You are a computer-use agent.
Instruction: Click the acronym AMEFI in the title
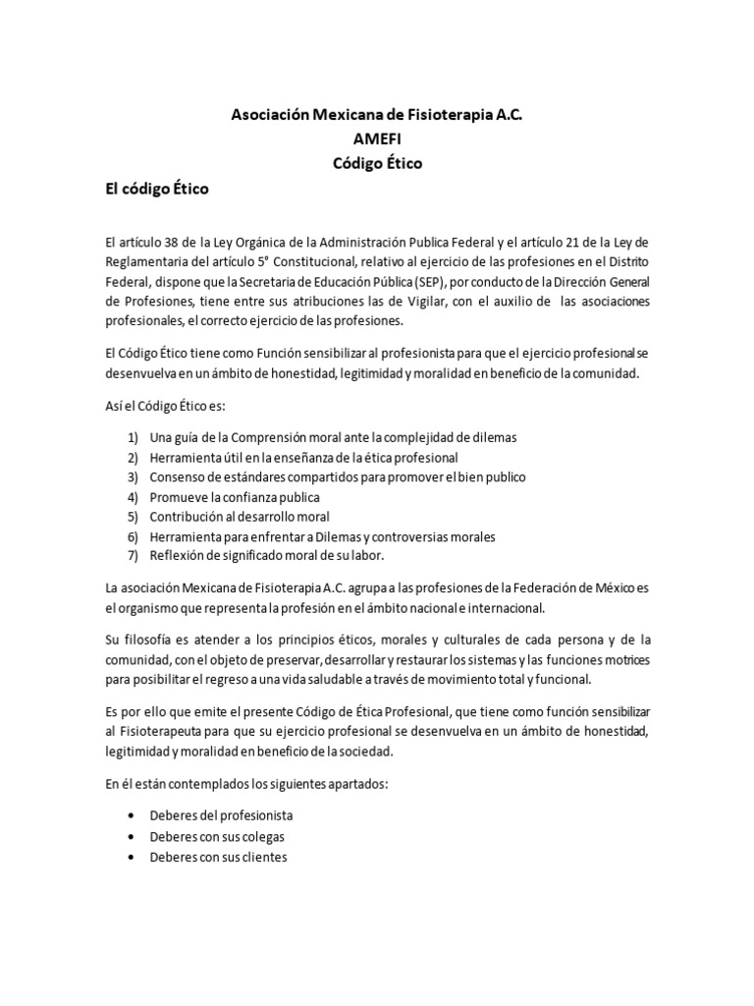pyautogui.click(x=377, y=140)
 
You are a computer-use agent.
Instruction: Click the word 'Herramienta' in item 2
pyautogui.click(x=184, y=457)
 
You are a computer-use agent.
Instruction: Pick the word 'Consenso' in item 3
pyautogui.click(x=177, y=476)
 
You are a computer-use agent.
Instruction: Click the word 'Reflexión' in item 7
pyautogui.click(x=177, y=557)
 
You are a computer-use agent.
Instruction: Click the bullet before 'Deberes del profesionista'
pyautogui.click(x=133, y=816)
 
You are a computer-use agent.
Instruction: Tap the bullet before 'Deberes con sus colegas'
pyautogui.click(x=133, y=837)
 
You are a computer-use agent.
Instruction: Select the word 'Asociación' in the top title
pyautogui.click(x=270, y=115)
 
